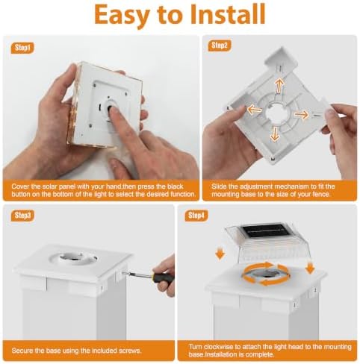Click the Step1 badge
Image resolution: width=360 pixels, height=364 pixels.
22,48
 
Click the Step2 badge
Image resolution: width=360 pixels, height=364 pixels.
220,45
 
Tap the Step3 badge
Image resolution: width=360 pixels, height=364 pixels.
22,216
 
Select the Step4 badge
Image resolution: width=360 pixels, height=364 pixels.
196,216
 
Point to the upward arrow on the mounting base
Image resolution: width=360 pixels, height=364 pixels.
279,85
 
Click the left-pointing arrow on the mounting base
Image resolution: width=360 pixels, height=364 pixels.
254,109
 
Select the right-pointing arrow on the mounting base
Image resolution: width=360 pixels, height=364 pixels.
302,115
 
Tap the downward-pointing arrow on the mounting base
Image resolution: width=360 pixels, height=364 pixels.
275,134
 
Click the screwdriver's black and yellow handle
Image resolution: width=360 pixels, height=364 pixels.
163,274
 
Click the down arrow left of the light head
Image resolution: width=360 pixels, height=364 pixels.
220,254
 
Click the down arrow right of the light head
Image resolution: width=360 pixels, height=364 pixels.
310,268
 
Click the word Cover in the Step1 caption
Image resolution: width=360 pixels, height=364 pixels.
20,186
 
